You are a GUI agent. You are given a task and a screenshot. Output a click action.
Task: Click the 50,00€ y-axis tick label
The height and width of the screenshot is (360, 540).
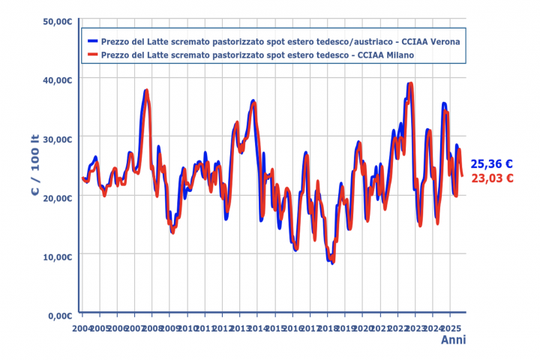coord(57,21)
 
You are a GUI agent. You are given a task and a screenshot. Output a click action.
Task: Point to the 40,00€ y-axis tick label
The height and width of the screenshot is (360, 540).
coord(57,79)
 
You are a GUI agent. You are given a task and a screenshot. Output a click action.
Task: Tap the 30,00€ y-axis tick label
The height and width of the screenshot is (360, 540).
coord(57,139)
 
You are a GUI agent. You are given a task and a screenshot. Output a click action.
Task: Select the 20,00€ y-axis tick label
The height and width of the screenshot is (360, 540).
coord(57,197)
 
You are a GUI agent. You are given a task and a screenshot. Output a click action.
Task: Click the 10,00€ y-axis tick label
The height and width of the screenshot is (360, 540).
coord(57,256)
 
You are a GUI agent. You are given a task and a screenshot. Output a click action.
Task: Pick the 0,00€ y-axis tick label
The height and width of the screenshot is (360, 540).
coord(59,315)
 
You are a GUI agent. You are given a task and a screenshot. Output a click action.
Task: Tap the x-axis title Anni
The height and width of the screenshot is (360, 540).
coord(452,340)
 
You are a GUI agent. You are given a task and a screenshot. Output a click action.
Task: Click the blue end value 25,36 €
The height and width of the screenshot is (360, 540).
coord(491,164)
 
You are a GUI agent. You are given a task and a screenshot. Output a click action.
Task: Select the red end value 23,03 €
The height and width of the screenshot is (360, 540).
coord(491,178)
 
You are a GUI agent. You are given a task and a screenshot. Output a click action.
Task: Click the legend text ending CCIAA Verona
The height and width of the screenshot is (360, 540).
coord(280,41)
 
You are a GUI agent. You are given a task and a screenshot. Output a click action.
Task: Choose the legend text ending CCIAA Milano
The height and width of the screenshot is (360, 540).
coord(258,55)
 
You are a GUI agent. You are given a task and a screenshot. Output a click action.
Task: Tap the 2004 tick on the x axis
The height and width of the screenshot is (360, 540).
coord(82,328)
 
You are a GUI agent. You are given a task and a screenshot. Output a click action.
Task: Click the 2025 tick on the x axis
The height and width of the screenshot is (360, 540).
coord(450,328)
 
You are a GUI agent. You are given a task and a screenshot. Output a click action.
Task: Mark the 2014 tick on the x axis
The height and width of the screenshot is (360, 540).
coord(257,328)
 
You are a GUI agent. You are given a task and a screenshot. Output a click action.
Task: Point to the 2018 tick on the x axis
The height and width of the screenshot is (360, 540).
coord(328,328)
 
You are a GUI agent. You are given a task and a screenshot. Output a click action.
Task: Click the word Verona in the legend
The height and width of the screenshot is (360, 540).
coord(444,41)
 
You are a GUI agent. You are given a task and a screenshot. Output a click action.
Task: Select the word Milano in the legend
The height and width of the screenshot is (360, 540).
coord(399,55)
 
